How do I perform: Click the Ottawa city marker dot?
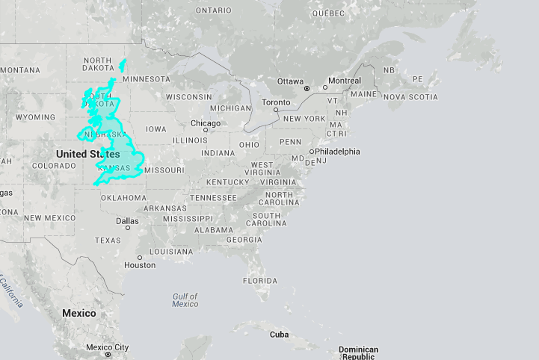[307, 89]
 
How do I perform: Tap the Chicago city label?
[206, 123]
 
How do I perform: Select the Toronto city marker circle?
[276, 111]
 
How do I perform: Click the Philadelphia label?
[337, 151]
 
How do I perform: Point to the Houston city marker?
[139, 257]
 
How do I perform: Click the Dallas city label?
[127, 221]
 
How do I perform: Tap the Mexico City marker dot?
[108, 355]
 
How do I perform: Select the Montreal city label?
[345, 81]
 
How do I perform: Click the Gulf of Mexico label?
[185, 300]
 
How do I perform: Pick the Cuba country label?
[279, 335]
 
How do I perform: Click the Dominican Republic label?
[358, 353]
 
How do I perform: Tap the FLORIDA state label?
[260, 281]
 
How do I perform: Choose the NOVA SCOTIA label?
[411, 97]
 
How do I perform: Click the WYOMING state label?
[36, 117]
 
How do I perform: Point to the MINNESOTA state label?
[147, 79]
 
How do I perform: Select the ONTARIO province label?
[213, 10]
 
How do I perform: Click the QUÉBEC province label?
[327, 13]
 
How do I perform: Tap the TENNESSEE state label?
[213, 198]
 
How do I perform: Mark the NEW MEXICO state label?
[49, 218]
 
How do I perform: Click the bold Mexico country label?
[78, 313]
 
